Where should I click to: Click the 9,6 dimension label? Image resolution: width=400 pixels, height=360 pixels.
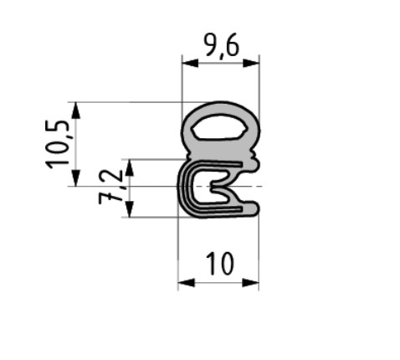click(221, 46)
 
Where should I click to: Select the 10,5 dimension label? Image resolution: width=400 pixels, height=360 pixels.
click(58, 144)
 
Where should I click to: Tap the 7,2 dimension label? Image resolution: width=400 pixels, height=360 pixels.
click(110, 188)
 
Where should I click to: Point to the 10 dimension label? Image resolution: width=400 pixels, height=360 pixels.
click(219, 264)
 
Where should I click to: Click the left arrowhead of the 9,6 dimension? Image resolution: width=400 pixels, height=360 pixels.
click(190, 64)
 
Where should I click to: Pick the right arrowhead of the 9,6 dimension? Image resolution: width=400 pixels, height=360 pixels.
click(251, 64)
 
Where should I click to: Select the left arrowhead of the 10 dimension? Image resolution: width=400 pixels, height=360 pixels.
click(187, 283)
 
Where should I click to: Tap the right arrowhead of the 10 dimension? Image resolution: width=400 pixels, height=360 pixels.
click(250, 283)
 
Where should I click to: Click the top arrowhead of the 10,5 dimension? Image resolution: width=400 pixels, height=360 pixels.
click(76, 111)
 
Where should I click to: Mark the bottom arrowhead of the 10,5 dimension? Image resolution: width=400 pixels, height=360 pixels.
click(76, 177)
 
